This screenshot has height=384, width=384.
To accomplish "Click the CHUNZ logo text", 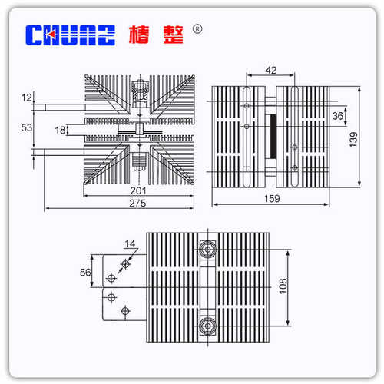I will pyautogui.click(x=70, y=35).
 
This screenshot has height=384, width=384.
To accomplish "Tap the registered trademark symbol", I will pyautogui.click(x=197, y=29).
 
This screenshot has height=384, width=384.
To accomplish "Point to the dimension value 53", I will pyautogui.click(x=28, y=127).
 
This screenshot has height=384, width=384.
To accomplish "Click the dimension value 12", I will pyautogui.click(x=28, y=98).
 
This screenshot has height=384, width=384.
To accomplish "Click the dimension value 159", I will pyautogui.click(x=271, y=198).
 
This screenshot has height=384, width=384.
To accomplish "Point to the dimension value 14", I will pyautogui.click(x=131, y=245).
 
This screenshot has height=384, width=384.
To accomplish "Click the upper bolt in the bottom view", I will pyautogui.click(x=205, y=250).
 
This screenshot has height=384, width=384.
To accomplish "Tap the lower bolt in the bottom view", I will pyautogui.click(x=205, y=325).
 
